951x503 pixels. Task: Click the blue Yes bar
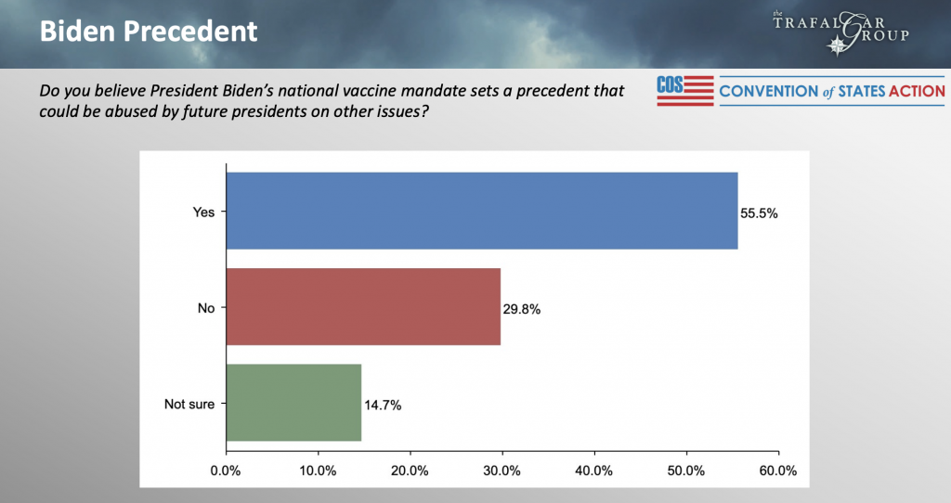pos(482,211)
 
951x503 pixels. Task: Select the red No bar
pos(363,306)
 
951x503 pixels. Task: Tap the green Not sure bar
pos(293,402)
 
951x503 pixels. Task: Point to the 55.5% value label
pos(759,213)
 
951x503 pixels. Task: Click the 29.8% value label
pos(522,309)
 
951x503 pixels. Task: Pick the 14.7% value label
pos(383,406)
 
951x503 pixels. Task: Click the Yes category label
pos(203,213)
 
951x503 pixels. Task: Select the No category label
pos(206,308)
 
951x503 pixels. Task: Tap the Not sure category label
pos(190,405)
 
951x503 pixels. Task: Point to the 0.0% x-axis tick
pos(226,470)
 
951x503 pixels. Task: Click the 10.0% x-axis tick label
pos(318,470)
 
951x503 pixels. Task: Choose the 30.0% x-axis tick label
pos(502,470)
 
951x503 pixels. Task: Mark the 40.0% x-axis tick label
pos(594,470)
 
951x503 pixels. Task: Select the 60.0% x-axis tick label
pos(777,470)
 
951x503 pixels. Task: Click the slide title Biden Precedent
pos(148,31)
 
